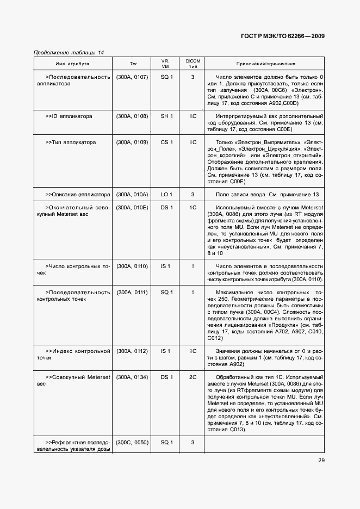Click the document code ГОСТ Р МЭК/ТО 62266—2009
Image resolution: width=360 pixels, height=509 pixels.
click(282, 36)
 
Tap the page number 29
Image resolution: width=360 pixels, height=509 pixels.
click(321, 461)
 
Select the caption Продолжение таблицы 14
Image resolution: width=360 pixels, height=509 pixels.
click(69, 53)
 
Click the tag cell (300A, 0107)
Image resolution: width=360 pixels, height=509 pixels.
click(132, 77)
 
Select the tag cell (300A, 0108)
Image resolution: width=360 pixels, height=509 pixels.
click(132, 116)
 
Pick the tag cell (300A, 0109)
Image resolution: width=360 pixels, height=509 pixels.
click(132, 142)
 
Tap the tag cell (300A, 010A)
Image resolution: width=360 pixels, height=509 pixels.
click(132, 195)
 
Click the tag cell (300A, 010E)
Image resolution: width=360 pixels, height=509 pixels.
click(132, 208)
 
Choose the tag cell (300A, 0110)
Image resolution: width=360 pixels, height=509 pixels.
click(132, 266)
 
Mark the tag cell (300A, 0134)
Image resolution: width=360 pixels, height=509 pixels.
click(132, 377)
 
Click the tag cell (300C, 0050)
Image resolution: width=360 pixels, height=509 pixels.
click(132, 443)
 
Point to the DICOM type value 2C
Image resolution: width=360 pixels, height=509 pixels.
click(193, 377)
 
